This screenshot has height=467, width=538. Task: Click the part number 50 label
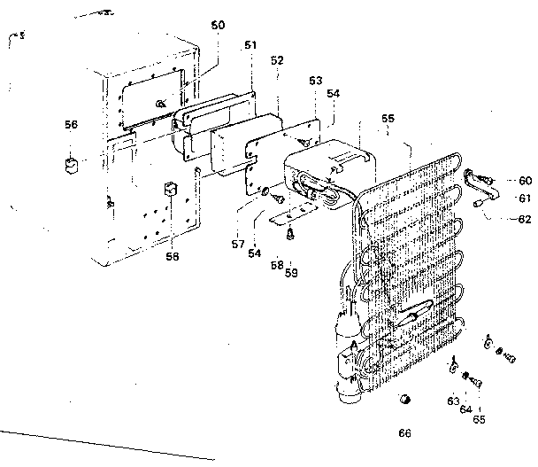tap(218, 26)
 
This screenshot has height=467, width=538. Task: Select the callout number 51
tap(250, 44)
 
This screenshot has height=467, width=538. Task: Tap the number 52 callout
tap(277, 60)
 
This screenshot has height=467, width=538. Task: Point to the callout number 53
tap(314, 80)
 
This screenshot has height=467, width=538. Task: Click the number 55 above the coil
tap(388, 118)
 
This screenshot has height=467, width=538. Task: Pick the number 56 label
tap(71, 125)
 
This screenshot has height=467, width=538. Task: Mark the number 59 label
tap(291, 272)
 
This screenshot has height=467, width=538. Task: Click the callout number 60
tap(525, 180)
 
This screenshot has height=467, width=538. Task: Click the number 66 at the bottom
tap(404, 433)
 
